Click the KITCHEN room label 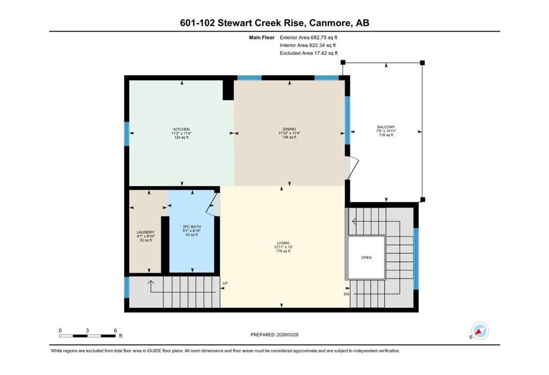pos(181,129)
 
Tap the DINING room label pos(289,129)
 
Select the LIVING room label pos(283,243)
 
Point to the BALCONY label pos(386,127)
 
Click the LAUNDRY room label pos(145,232)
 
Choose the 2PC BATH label pos(191,227)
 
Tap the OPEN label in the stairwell pos(366,258)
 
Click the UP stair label pos(225,283)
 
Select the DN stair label pos(346,294)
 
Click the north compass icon pos(479,331)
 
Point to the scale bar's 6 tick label pos(115,330)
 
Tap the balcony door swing pos(352,168)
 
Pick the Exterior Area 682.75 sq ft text pos(308,38)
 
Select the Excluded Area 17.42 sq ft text pos(309,53)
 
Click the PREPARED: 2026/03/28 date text pos(274,335)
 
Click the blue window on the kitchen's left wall pos(127,134)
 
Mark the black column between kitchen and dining pos(228,90)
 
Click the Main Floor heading pos(262,38)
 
